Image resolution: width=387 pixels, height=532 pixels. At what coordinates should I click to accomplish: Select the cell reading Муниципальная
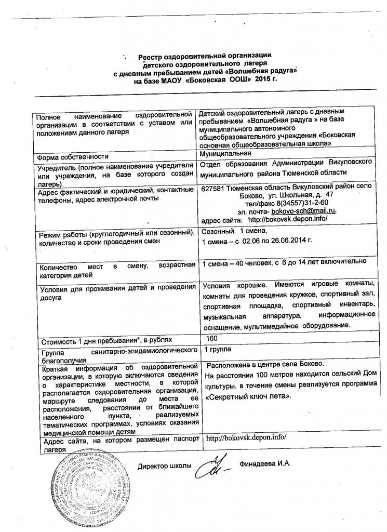[226, 153]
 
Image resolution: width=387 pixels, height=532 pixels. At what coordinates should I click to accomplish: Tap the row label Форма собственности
[72, 157]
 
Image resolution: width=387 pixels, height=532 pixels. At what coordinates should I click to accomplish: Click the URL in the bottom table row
[246, 438]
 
